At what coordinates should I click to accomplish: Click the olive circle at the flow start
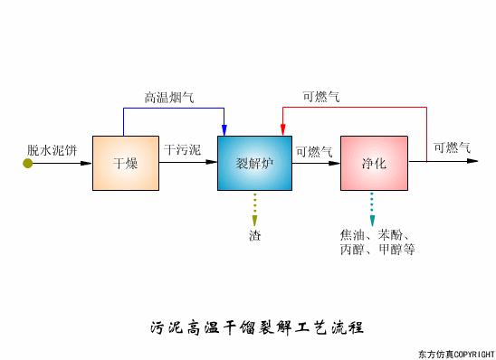click(x=28, y=163)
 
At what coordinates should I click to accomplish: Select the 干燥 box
click(x=125, y=164)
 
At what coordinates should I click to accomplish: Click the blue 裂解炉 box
click(x=254, y=164)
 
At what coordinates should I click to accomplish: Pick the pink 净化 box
click(x=374, y=164)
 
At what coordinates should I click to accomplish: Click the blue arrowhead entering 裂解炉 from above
click(x=224, y=130)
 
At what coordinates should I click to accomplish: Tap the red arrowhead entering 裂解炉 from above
click(x=282, y=130)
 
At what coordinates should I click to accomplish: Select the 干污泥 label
click(x=182, y=148)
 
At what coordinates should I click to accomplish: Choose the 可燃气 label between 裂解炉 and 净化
click(x=314, y=150)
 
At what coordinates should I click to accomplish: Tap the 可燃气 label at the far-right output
click(x=452, y=148)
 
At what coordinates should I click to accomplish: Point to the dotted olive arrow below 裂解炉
click(x=254, y=208)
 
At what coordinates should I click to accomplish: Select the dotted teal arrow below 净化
click(x=371, y=209)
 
